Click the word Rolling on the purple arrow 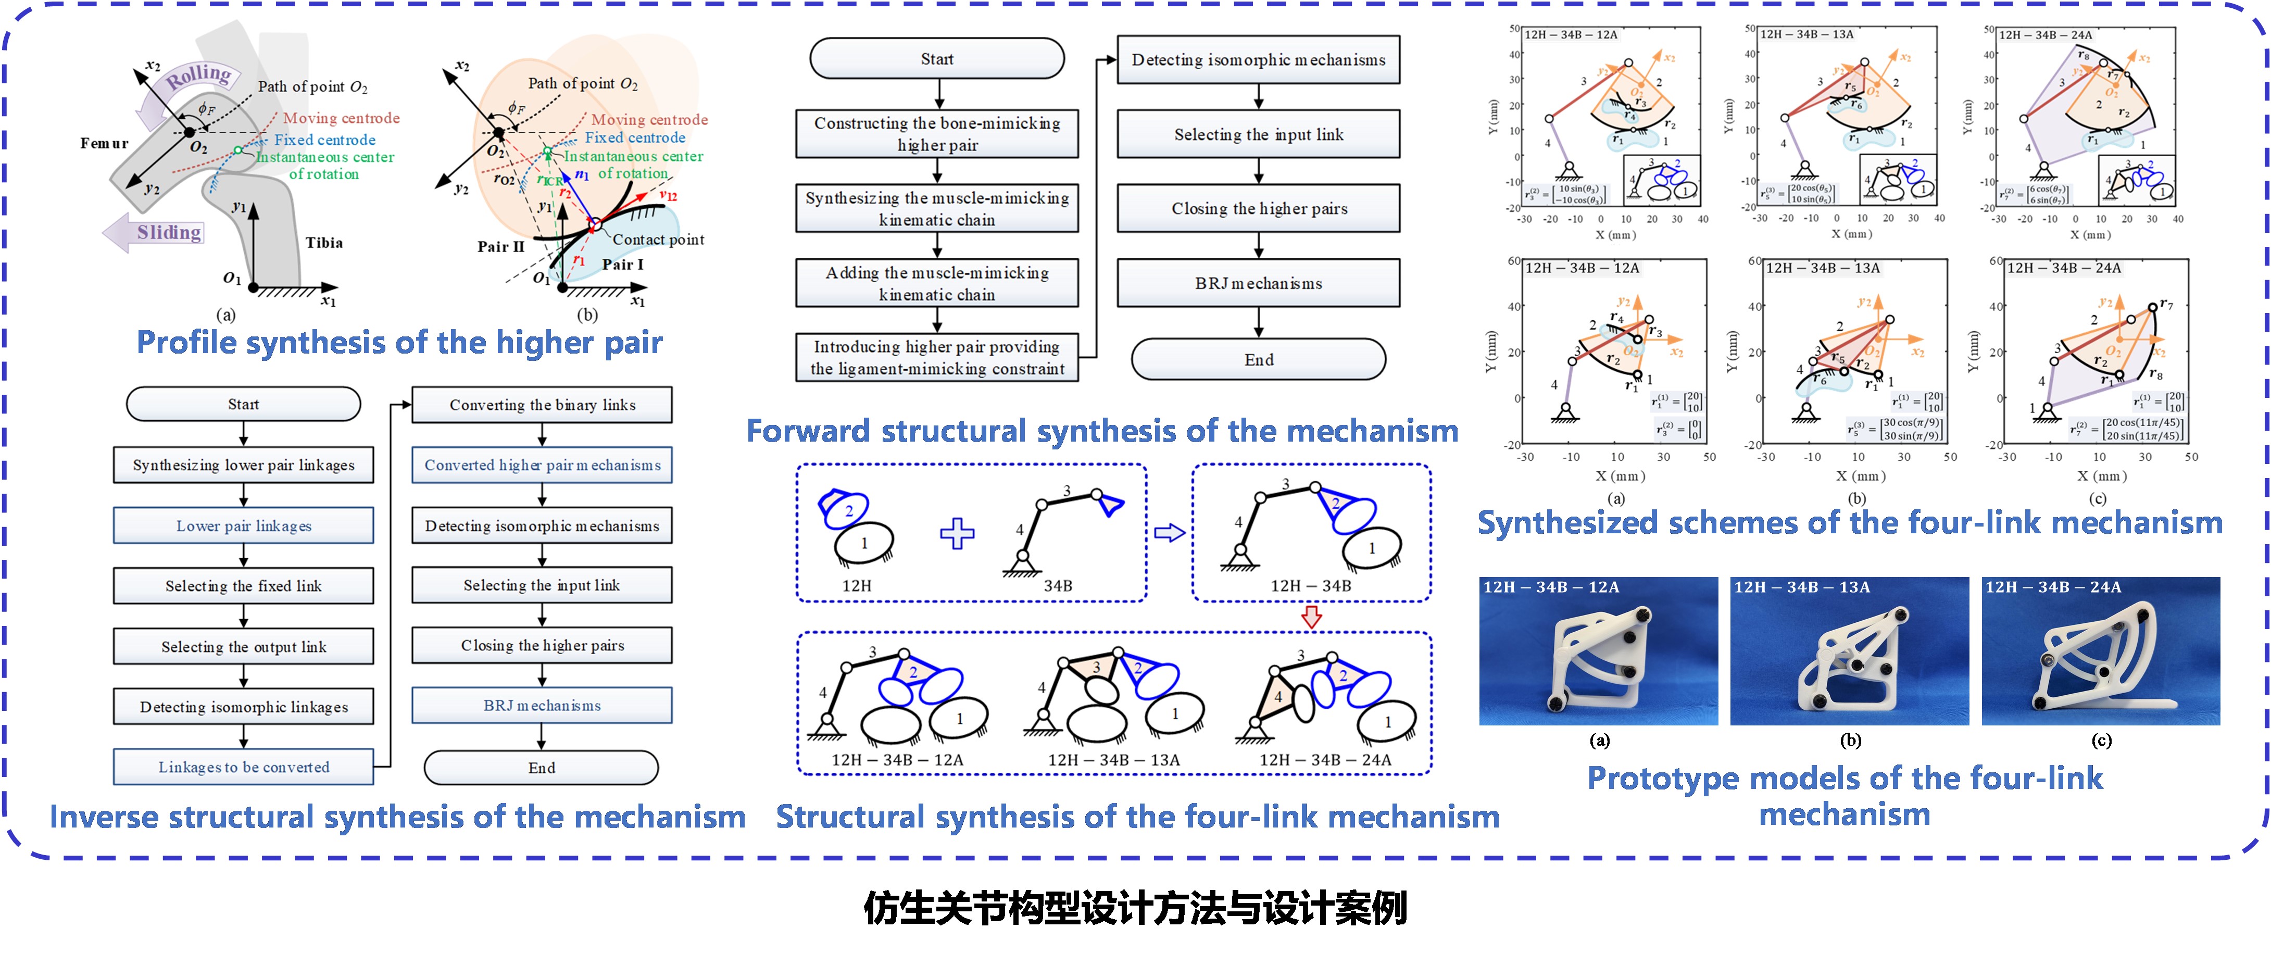pyautogui.click(x=198, y=76)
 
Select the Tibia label pyautogui.click(x=323, y=243)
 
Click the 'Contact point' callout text pyautogui.click(x=658, y=240)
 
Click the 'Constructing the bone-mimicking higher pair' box pyautogui.click(x=937, y=134)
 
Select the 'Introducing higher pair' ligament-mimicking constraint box pyautogui.click(x=937, y=358)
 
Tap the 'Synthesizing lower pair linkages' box pyautogui.click(x=243, y=466)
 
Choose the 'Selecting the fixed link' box pyautogui.click(x=243, y=586)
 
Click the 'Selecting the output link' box pyautogui.click(x=243, y=647)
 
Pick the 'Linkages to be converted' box pyautogui.click(x=243, y=768)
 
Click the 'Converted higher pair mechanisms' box pyautogui.click(x=542, y=466)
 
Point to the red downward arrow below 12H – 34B pyautogui.click(x=1312, y=617)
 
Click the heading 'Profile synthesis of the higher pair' pyautogui.click(x=399, y=343)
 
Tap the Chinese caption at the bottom pyautogui.click(x=1135, y=908)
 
